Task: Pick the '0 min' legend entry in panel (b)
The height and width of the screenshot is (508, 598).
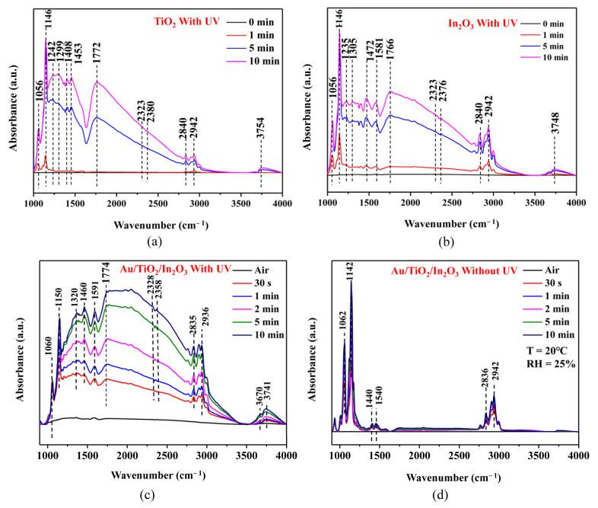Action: pos(557,16)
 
